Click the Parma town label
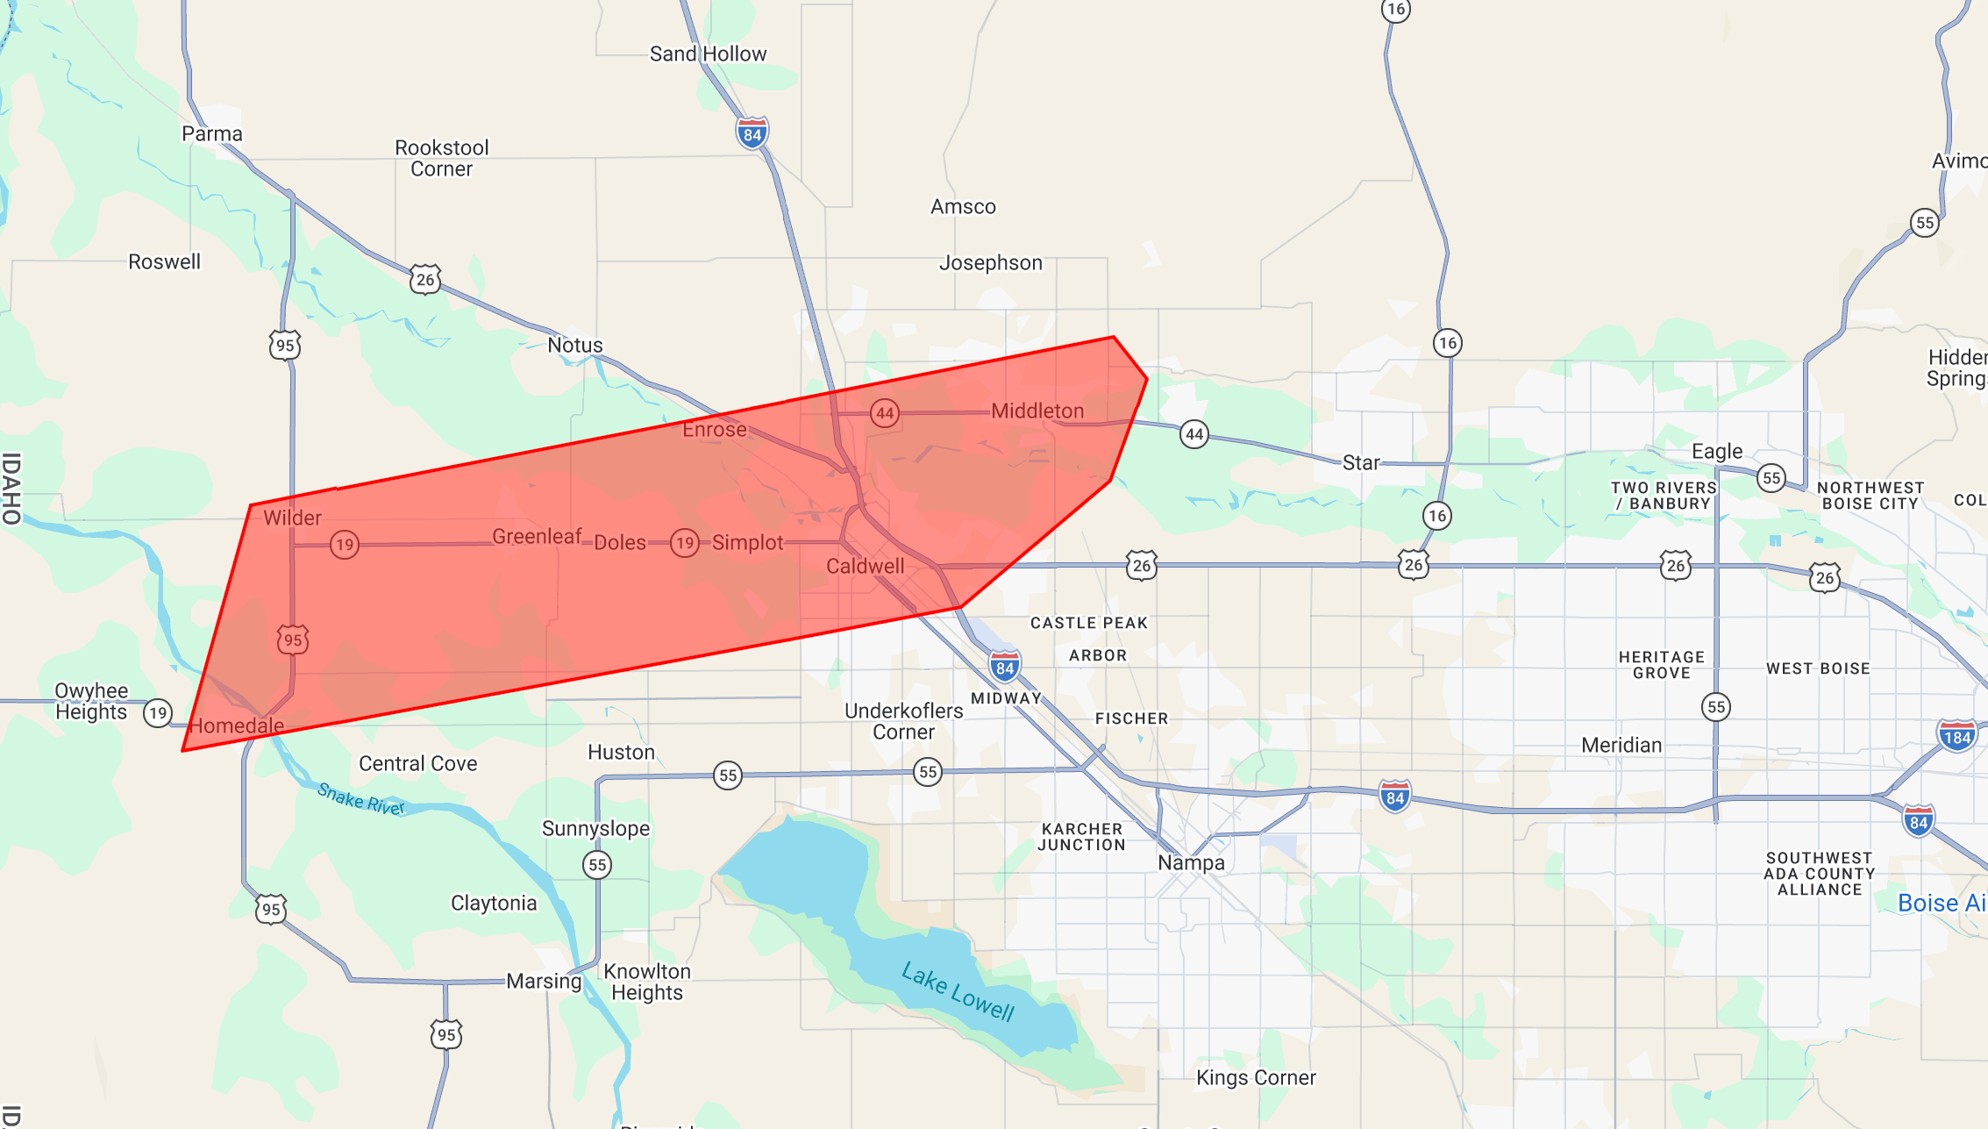click(x=211, y=134)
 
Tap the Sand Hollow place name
click(x=708, y=54)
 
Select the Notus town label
click(x=575, y=346)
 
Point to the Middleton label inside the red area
click(x=1037, y=411)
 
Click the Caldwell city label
click(x=865, y=567)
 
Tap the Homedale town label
click(x=237, y=726)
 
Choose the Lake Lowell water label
click(x=958, y=992)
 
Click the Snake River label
click(x=360, y=799)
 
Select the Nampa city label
click(x=1191, y=863)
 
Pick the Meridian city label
click(x=1621, y=746)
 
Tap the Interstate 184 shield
click(x=1956, y=737)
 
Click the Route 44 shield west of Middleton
click(x=885, y=413)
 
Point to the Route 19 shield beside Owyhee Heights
click(x=158, y=712)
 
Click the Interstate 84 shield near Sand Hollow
click(x=752, y=134)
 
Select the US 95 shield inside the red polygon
click(x=293, y=640)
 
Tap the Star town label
click(x=1361, y=463)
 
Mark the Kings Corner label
click(x=1256, y=1078)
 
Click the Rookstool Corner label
click(x=441, y=159)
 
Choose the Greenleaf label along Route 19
click(x=537, y=537)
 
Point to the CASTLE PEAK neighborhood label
click(x=1088, y=624)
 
